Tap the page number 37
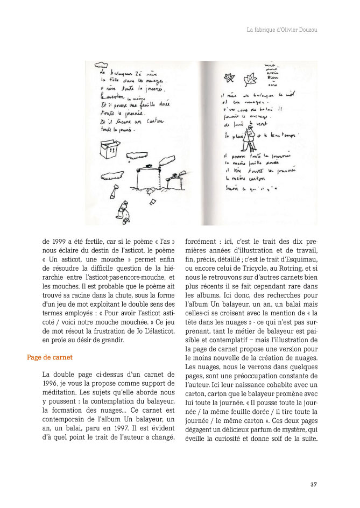(314, 484)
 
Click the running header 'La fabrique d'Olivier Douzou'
(281, 30)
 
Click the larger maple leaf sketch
(250, 80)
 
